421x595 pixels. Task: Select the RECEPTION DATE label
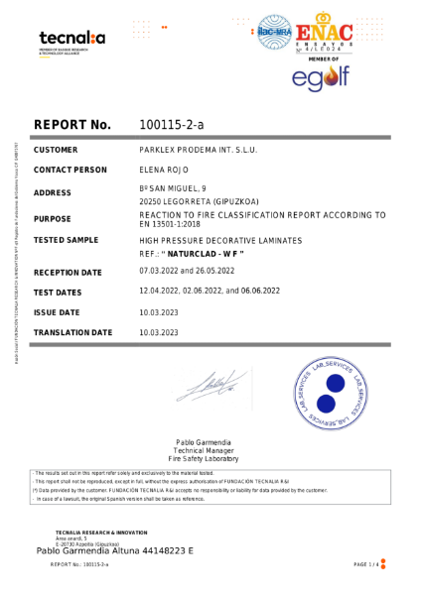68,272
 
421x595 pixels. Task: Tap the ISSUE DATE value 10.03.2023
160,311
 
